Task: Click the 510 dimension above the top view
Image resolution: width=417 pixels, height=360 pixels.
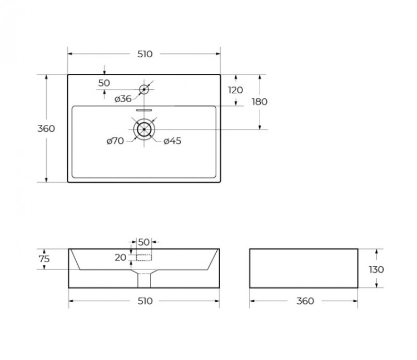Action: [x=145, y=54]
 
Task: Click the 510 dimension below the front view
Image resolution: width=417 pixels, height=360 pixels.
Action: [x=145, y=301]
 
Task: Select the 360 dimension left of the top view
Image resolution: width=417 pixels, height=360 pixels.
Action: [x=46, y=128]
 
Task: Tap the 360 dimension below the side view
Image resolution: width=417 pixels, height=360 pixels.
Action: [x=305, y=301]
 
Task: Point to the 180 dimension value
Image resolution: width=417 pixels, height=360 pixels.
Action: [x=260, y=102]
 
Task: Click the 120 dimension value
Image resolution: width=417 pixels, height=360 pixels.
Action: [x=236, y=90]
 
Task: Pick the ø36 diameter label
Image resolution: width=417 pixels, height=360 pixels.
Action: [x=123, y=99]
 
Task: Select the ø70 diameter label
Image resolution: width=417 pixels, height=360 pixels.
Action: [x=115, y=141]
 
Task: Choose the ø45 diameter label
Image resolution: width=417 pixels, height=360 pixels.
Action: [x=173, y=141]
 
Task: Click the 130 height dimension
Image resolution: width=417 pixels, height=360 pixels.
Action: [x=376, y=269]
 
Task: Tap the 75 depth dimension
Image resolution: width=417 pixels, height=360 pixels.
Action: [x=44, y=259]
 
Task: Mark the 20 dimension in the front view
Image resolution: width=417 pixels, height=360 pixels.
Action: [x=121, y=257]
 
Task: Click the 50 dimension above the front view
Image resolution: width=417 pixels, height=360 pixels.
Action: [x=144, y=242]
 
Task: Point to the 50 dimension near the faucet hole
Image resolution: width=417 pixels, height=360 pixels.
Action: [x=104, y=83]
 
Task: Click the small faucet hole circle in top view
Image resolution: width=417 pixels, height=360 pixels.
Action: [x=144, y=89]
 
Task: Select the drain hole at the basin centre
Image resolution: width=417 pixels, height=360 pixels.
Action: [x=144, y=129]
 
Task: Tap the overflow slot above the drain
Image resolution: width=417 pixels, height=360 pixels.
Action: [x=144, y=110]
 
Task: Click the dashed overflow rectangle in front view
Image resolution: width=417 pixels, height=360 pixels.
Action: [x=144, y=257]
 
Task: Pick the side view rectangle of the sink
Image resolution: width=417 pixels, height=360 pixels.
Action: [x=304, y=268]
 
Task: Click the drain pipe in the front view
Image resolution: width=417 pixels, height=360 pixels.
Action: [x=144, y=280]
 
